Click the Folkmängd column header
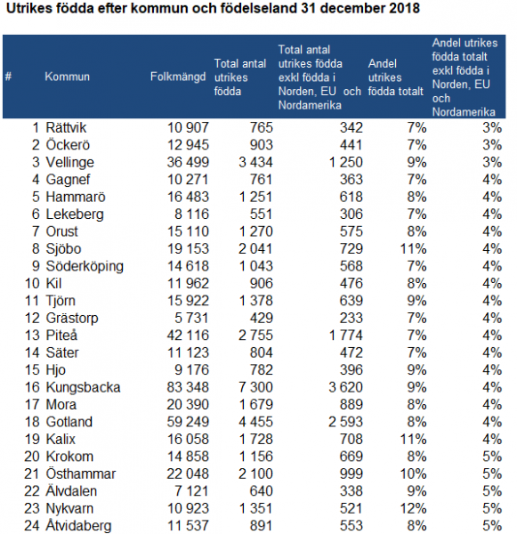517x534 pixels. pos(178,77)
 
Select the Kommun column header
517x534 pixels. pos(67,77)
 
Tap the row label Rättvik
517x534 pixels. pos(66,128)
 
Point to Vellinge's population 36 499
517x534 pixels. pos(188,163)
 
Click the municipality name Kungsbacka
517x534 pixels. pos(83,387)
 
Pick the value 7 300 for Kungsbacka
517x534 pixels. pos(255,387)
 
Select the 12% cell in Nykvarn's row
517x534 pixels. pos(413,508)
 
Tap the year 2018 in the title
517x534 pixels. pos(405,9)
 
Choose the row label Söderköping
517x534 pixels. pos(85,267)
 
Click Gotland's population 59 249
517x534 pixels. pos(188,422)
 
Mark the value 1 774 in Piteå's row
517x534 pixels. pos(345,336)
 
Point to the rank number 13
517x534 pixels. pos(32,336)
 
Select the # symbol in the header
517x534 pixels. pos(8,77)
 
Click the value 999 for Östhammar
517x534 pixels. pos(351,473)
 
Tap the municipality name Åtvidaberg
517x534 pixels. pos(78,526)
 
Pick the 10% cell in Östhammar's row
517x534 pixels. pos(413,473)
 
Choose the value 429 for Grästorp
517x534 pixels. pos(262,318)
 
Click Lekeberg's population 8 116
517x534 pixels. pos(191,214)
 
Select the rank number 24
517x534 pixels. pos(32,526)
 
